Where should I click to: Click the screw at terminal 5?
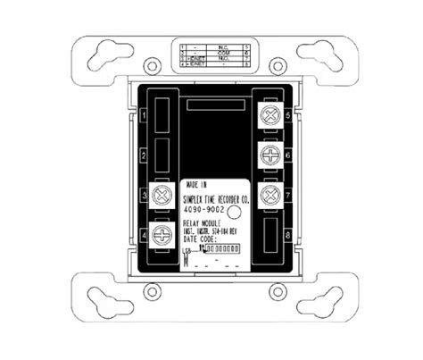(x=265, y=113)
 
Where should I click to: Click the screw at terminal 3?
(x=162, y=195)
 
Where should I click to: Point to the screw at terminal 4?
(x=162, y=235)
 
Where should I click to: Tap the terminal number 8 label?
(x=285, y=234)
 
